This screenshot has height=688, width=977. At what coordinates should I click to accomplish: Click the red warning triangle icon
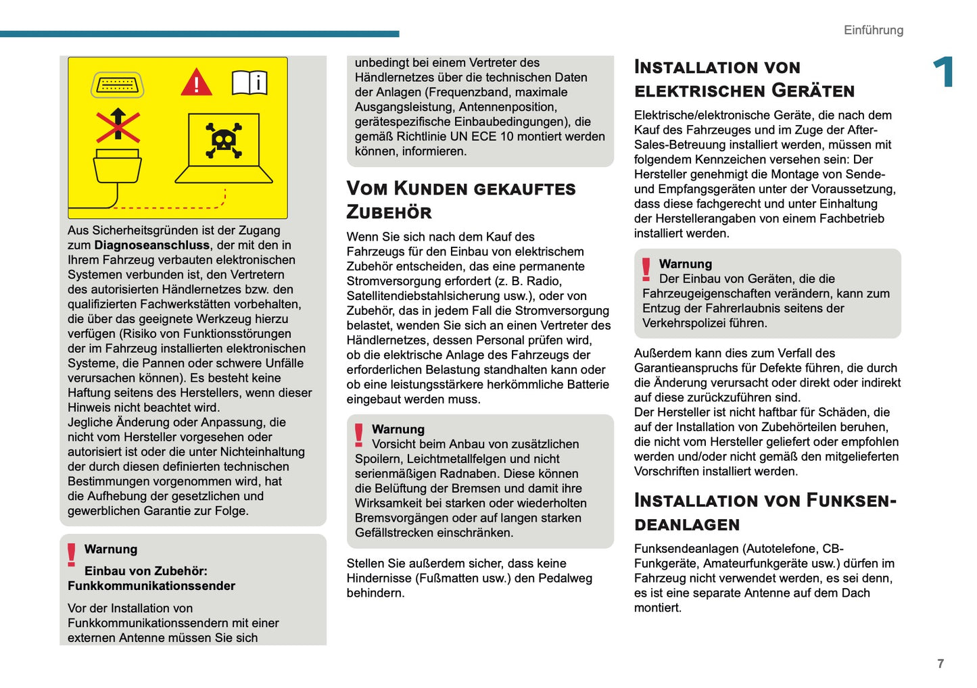tap(196, 82)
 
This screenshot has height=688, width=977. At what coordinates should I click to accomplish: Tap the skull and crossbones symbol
tap(224, 141)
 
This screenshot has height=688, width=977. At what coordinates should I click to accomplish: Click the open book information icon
tap(249, 82)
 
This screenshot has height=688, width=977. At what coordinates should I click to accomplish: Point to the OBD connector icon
tap(117, 85)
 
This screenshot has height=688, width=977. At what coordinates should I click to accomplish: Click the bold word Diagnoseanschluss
tap(151, 245)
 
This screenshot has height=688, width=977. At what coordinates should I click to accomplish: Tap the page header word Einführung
tap(873, 30)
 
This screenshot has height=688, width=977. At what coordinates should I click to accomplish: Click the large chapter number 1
tap(943, 72)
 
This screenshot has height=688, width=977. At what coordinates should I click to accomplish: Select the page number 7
tap(940, 664)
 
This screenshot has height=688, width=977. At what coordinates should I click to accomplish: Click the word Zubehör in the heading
tap(389, 212)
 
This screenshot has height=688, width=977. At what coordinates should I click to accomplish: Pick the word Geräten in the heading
tap(813, 91)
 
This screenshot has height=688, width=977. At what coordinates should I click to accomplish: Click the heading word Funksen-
tap(851, 501)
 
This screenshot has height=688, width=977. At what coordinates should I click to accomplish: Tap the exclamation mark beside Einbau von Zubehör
tap(72, 554)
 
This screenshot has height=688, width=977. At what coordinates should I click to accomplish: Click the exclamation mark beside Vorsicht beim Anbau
tap(359, 435)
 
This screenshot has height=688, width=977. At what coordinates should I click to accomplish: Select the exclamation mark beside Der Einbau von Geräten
tap(646, 269)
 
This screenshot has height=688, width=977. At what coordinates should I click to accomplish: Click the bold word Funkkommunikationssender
tap(151, 586)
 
